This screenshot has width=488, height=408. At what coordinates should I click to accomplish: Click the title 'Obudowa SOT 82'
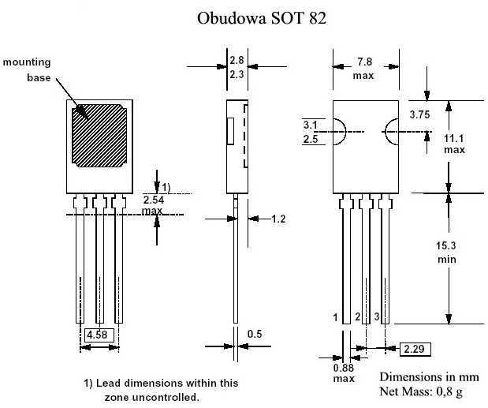point(261,18)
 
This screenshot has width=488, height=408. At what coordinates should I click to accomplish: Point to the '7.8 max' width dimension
point(363,68)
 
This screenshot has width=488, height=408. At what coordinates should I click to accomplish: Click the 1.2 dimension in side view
point(278,219)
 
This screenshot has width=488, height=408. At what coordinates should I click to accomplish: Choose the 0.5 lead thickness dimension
point(255,334)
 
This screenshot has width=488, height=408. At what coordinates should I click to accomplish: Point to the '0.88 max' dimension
point(343,373)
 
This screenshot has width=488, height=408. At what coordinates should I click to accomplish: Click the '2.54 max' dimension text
point(153,205)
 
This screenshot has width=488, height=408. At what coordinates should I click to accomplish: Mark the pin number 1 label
point(336,317)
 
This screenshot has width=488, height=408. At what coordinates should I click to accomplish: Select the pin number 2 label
point(357,317)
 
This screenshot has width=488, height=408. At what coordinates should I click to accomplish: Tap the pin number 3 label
point(377,317)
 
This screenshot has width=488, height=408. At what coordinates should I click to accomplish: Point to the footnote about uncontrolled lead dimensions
point(160,389)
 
